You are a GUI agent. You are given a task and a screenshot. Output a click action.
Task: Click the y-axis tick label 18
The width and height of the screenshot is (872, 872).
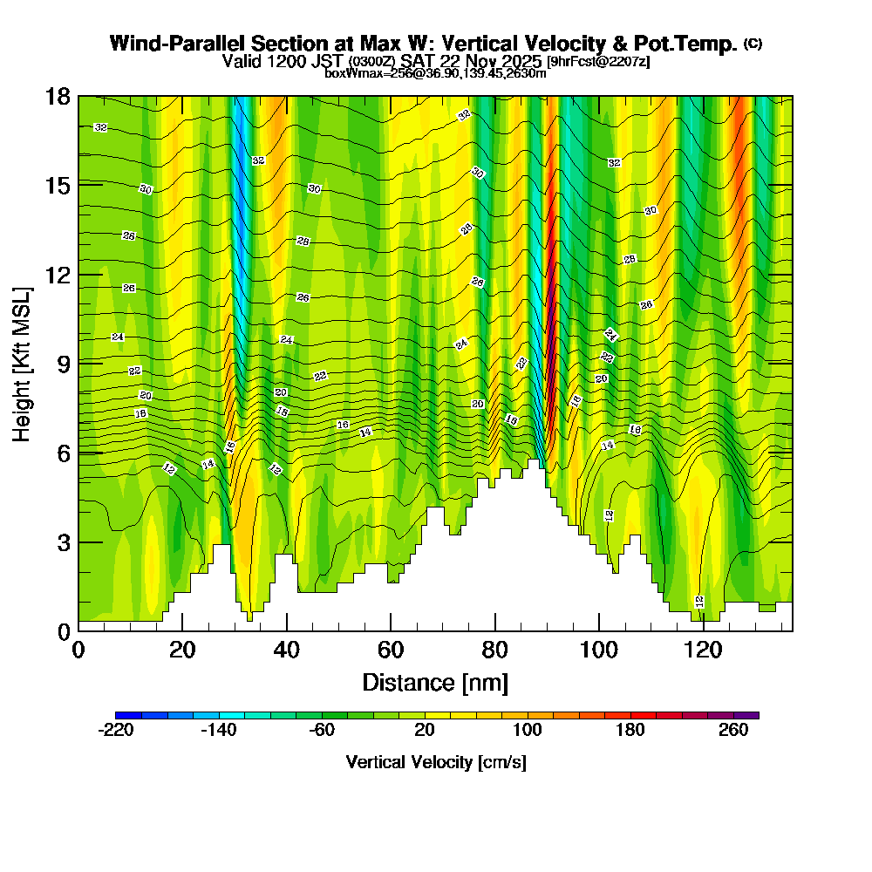58,96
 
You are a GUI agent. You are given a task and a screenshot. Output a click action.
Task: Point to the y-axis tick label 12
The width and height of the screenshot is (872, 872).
58,275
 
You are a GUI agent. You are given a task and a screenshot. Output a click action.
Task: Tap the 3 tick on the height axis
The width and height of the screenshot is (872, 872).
64,542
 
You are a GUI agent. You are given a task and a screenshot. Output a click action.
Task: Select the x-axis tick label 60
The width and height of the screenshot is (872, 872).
391,651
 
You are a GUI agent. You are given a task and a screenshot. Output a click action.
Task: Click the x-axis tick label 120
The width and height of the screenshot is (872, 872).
703,651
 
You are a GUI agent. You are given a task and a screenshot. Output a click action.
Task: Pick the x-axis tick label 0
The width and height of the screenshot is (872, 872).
78,651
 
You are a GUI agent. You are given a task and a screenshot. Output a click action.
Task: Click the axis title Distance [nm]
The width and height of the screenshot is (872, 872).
435,681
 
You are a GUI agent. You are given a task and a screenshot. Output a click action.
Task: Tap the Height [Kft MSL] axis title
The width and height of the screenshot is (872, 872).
22,363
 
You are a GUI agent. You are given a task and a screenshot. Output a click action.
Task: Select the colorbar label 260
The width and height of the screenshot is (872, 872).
733,731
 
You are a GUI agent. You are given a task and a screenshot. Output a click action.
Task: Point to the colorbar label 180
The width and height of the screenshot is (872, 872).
630,731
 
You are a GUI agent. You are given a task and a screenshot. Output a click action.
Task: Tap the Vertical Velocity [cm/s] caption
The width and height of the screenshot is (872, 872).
436,762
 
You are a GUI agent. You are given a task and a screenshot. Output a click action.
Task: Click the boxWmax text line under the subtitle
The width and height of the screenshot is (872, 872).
435,73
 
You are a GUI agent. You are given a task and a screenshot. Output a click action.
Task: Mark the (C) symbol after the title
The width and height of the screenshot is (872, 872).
753,44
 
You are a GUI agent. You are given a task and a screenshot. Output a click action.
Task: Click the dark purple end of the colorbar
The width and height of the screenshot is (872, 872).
752,715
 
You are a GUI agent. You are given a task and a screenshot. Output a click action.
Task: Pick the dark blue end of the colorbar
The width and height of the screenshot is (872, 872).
122,715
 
